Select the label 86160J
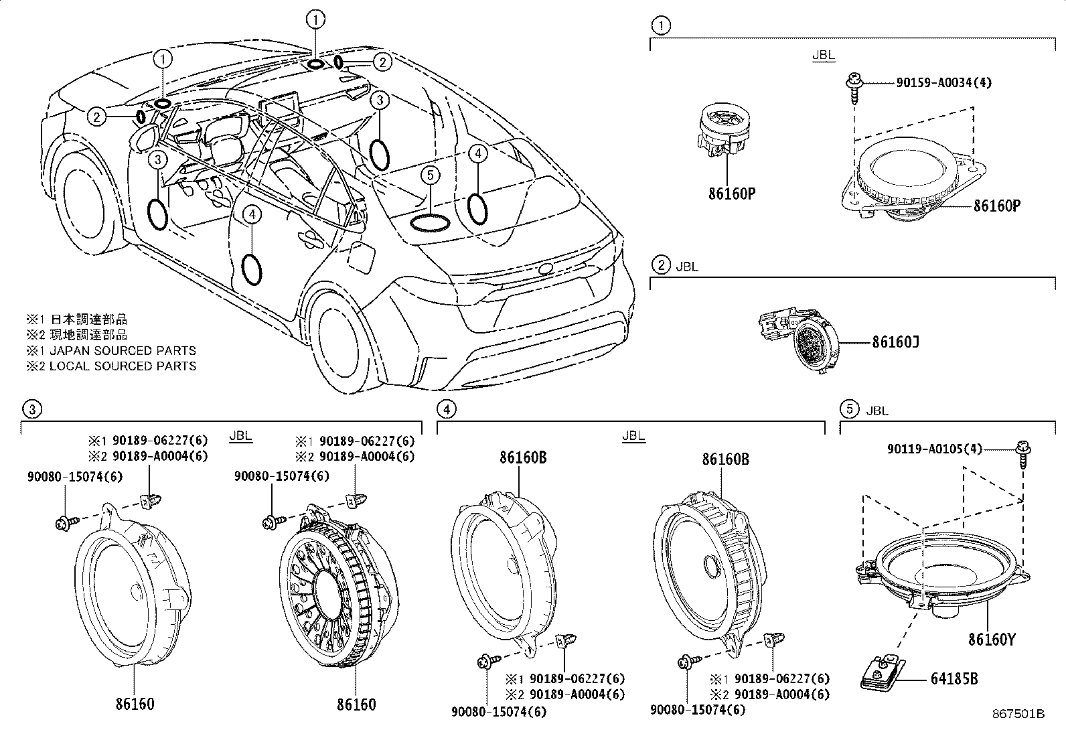[x=895, y=342]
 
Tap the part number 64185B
[x=954, y=679]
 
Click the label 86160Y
[x=992, y=640]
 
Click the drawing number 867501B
[x=1018, y=714]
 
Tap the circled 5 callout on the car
[x=431, y=175]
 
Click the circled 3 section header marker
[x=31, y=409]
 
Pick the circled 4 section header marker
[x=445, y=409]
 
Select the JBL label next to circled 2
[x=686, y=266]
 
